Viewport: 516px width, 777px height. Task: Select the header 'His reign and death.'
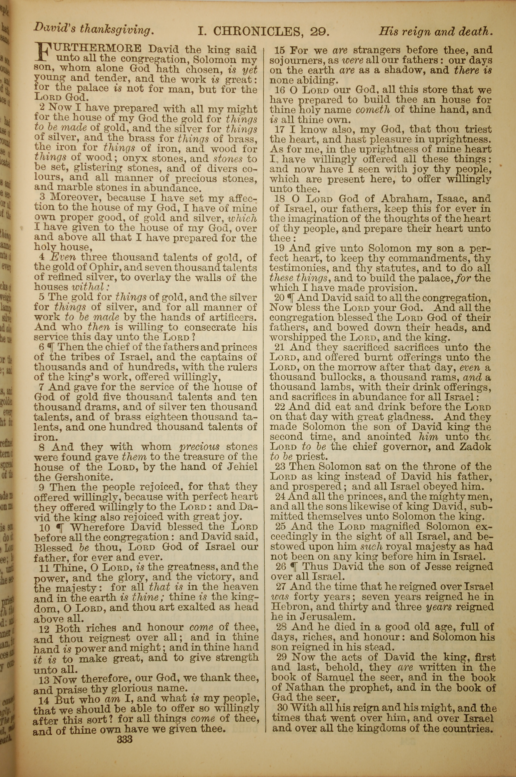coord(436,31)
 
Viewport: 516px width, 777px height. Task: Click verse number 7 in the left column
coord(42,387)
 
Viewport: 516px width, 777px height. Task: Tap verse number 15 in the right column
coord(280,51)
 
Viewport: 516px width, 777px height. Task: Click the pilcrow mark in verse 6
coord(50,347)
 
